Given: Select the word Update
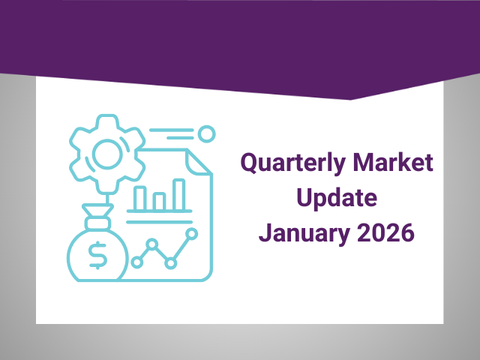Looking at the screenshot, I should point(335,198).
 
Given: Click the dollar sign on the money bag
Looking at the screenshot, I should point(98,256).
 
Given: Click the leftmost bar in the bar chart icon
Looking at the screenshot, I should point(141,198).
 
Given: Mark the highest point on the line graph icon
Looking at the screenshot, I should point(191,234).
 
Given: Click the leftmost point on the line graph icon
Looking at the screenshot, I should point(136,262).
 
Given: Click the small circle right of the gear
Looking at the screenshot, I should point(207,134).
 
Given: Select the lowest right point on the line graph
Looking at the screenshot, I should point(171,262).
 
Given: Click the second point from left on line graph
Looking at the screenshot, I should point(153,244).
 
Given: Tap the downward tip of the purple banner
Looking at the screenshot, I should point(349,99).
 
